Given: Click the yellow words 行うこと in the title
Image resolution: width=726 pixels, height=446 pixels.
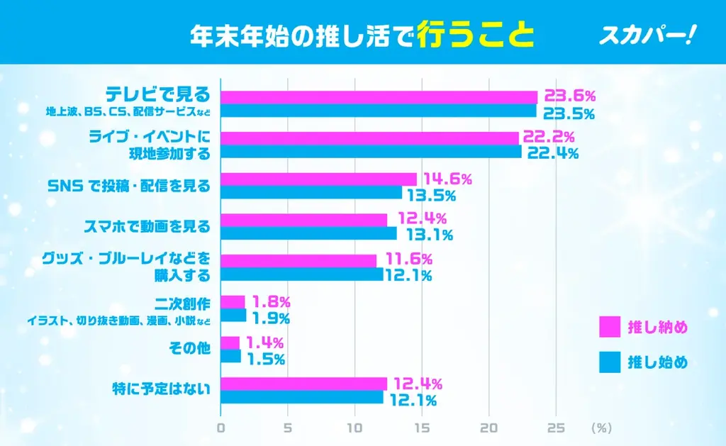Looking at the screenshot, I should pyautogui.click(x=476, y=35).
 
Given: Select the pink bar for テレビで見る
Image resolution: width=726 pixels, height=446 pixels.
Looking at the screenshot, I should pyautogui.click(x=379, y=97).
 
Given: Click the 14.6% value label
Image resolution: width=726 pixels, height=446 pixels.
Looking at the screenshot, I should pyautogui.click(x=447, y=179).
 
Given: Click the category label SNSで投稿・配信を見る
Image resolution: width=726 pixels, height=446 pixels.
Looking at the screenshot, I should pyautogui.click(x=148, y=186).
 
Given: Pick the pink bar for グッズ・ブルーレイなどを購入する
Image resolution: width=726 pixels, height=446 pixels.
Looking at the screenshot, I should pyautogui.click(x=298, y=260).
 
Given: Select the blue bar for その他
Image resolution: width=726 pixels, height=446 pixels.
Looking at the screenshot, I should pyautogui.click(x=231, y=357).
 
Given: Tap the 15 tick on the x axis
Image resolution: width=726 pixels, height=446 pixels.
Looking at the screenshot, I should pyautogui.click(x=422, y=428).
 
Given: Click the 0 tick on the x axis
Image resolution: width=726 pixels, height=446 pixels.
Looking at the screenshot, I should pyautogui.click(x=221, y=428).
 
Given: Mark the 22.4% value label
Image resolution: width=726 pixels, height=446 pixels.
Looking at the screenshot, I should pyautogui.click(x=553, y=152).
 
